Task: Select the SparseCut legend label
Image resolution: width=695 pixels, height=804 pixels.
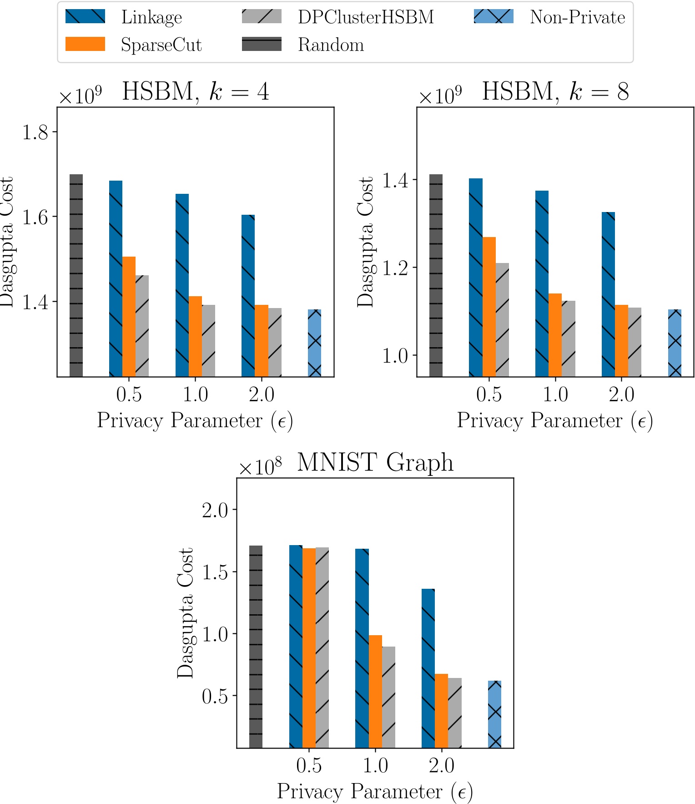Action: (161, 45)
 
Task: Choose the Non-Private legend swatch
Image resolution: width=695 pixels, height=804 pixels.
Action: (494, 17)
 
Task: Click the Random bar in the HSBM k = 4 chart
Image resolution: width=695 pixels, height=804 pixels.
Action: (76, 275)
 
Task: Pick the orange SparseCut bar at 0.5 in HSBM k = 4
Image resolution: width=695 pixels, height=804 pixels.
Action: (129, 317)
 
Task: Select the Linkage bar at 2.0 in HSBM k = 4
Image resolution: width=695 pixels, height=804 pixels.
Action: (248, 296)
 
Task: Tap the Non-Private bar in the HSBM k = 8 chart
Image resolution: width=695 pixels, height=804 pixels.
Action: (675, 343)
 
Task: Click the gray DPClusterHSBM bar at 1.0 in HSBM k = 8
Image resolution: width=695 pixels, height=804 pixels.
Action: (569, 339)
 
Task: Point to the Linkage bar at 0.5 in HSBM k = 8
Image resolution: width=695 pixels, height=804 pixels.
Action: (476, 278)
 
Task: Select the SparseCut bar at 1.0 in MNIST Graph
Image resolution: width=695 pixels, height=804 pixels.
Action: (375, 691)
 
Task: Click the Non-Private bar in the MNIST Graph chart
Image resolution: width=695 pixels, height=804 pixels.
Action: (494, 714)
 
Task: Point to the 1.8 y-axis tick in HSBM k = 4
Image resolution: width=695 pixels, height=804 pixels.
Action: (35, 132)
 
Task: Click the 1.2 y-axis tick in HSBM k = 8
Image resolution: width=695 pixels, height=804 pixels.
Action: (395, 268)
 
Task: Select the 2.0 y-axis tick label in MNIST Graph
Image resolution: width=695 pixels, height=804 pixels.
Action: (215, 510)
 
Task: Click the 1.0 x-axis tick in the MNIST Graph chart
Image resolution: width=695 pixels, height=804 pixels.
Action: (375, 765)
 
